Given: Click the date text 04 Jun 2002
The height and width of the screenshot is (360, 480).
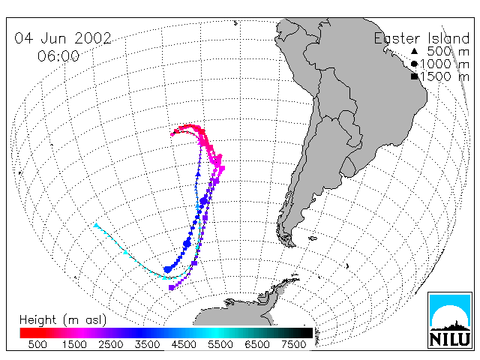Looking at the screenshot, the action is pyautogui.click(x=63, y=38).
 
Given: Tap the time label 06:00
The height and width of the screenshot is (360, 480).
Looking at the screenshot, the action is pyautogui.click(x=58, y=56).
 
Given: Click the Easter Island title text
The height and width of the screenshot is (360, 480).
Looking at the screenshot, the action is pyautogui.click(x=421, y=38).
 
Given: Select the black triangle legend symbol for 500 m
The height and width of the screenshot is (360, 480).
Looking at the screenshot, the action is pyautogui.click(x=414, y=51).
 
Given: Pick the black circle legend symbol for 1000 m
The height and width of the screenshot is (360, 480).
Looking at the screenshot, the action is pyautogui.click(x=414, y=64).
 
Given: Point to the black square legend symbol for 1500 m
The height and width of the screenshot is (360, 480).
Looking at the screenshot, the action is pyautogui.click(x=414, y=76).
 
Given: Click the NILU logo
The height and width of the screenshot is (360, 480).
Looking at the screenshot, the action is pyautogui.click(x=450, y=320).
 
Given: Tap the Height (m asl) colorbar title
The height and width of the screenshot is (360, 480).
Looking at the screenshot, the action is pyautogui.click(x=63, y=320).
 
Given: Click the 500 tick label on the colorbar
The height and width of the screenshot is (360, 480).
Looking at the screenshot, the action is pyautogui.click(x=37, y=344).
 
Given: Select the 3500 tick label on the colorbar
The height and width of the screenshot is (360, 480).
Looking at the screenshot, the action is pyautogui.click(x=147, y=344).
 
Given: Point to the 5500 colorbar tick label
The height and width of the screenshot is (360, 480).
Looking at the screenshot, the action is pyautogui.click(x=220, y=344).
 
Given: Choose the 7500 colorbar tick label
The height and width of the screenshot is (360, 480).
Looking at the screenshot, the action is pyautogui.click(x=293, y=344).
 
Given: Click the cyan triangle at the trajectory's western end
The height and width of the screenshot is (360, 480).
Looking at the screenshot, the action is pyautogui.click(x=97, y=226).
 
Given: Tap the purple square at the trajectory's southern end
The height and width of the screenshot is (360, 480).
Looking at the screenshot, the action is pyautogui.click(x=172, y=287).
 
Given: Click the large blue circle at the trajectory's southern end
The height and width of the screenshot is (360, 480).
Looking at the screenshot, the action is pyautogui.click(x=168, y=269).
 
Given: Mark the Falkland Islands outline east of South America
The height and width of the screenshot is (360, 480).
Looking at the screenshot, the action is pyautogui.click(x=313, y=238).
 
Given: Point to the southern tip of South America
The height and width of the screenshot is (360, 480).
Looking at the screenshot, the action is pyautogui.click(x=292, y=245).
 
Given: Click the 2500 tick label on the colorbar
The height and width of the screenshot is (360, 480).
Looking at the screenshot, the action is pyautogui.click(x=111, y=344).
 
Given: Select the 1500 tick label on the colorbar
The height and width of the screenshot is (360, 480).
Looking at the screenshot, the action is pyautogui.click(x=74, y=344).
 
